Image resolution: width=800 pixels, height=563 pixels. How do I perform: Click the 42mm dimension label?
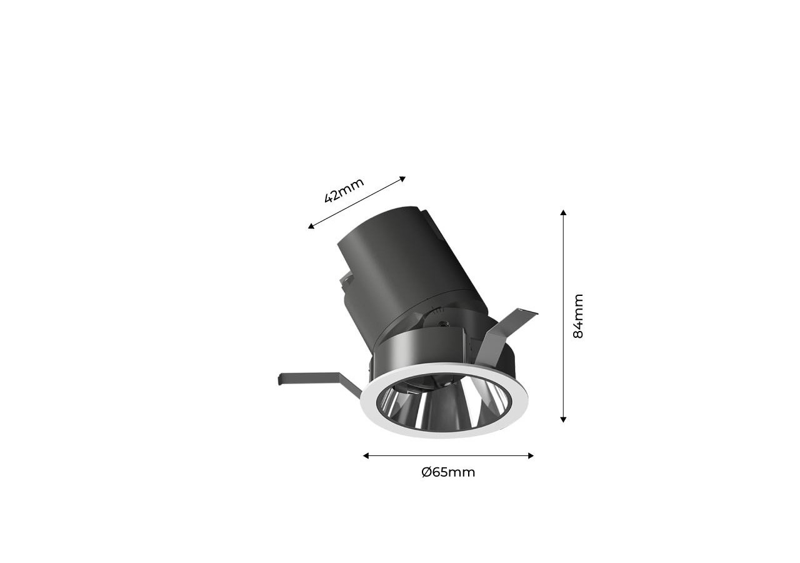pos(344,191)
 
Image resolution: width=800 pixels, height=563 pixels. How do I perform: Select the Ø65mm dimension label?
pos(448,472)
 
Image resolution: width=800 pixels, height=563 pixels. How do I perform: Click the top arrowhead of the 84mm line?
pos(563,212)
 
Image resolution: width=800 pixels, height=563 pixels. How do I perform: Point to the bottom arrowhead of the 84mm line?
pos(563,420)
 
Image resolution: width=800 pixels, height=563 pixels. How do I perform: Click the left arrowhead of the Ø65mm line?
pos(366,456)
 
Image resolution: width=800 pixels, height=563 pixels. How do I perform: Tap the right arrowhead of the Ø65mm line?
pos(531,456)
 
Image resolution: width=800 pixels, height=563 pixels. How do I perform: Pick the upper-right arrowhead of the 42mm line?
pos(402,179)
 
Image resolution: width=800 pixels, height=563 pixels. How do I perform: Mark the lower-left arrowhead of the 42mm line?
pos(311,226)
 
